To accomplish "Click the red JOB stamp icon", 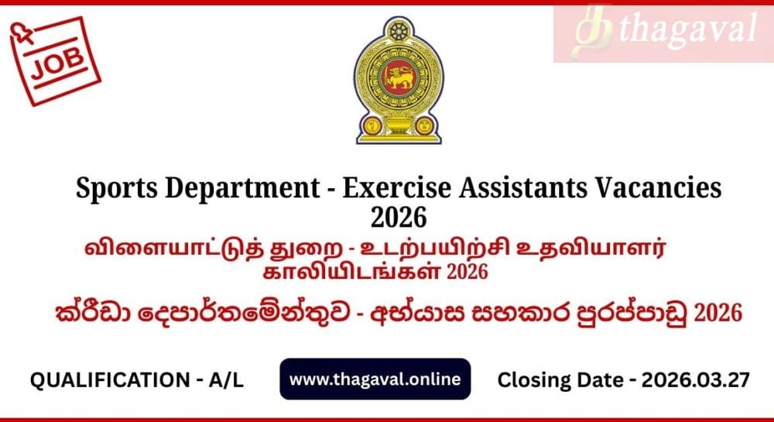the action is (55, 60).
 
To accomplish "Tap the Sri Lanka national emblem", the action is (399, 81).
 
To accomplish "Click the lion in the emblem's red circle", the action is (399, 78).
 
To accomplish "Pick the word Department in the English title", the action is (241, 189).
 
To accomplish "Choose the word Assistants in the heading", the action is (522, 188).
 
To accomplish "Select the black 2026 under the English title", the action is (399, 217).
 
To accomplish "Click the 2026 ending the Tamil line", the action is (467, 272).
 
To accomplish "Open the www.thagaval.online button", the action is (375, 379).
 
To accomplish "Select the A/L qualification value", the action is (226, 380).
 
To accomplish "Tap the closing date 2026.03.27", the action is (696, 380).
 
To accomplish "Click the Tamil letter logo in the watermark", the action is (592, 31).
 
